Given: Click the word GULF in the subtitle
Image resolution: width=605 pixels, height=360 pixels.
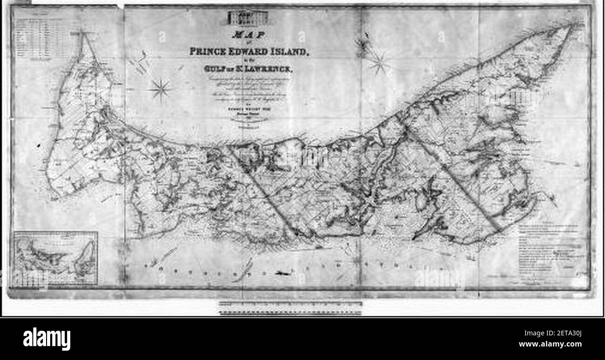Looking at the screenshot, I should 213,69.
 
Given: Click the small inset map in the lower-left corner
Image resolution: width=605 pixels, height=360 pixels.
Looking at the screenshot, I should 56,258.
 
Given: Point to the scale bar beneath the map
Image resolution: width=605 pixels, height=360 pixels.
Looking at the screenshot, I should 290,307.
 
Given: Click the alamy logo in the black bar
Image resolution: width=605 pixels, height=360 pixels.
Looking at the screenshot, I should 47,339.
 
